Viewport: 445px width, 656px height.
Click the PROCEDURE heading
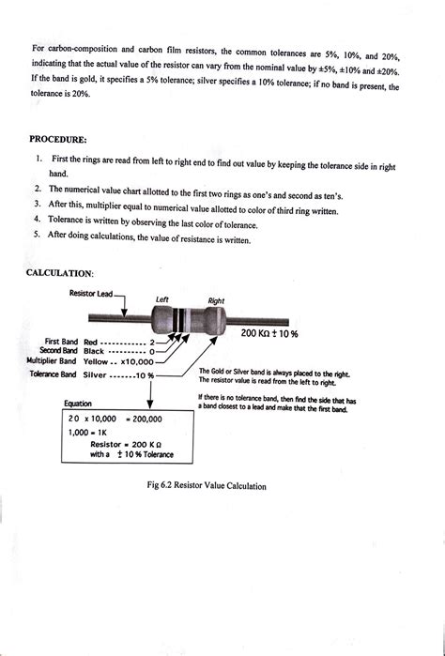tap(58, 139)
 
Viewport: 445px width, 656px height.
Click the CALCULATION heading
tap(60, 273)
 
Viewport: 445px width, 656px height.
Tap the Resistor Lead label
tap(91, 293)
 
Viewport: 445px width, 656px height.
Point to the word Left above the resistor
tap(162, 299)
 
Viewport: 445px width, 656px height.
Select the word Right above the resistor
tap(216, 301)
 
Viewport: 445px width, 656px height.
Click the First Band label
tap(61, 342)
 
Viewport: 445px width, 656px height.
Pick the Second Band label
tap(58, 350)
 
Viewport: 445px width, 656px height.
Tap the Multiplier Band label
tap(52, 360)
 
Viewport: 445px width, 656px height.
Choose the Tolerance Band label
tap(54, 374)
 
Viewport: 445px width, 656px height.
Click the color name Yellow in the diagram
tap(96, 361)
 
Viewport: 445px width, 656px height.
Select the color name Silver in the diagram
tap(95, 374)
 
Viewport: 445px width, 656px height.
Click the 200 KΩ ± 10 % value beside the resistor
tap(269, 334)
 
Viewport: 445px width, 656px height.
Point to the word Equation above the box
tap(77, 404)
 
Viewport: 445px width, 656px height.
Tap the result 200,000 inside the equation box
tap(147, 419)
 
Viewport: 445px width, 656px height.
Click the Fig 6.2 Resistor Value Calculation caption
tap(207, 486)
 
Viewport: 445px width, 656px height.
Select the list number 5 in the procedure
tap(37, 234)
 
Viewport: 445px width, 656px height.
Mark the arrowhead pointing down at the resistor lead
tap(124, 313)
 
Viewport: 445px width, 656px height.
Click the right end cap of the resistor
tap(215, 320)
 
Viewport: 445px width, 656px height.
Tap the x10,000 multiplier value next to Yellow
tap(137, 362)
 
